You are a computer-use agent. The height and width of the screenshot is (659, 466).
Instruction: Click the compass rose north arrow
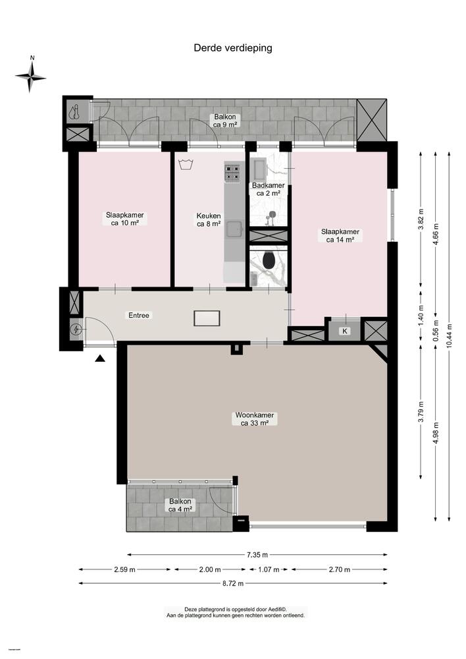click(31, 77)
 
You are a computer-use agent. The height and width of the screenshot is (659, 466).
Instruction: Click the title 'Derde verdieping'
click(232, 47)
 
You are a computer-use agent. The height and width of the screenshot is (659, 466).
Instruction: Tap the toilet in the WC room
click(268, 261)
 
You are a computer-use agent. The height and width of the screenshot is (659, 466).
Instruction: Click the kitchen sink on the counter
click(234, 229)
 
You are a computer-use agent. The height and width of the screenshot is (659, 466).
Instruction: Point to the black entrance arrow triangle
click(100, 358)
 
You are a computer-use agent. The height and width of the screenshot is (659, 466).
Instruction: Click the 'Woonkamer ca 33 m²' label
click(254, 420)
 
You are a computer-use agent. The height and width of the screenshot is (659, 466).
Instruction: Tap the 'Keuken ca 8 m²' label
click(208, 219)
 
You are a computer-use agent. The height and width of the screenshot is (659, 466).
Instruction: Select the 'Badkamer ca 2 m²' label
click(268, 189)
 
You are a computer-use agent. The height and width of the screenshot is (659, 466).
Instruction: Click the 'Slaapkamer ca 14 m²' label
click(340, 235)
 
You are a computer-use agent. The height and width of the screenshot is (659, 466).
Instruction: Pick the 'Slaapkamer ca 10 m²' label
click(125, 219)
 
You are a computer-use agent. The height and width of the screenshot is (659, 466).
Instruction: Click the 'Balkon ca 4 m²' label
click(180, 505)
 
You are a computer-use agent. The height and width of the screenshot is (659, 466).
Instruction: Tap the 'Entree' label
click(139, 316)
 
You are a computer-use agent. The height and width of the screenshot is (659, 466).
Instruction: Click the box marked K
click(344, 331)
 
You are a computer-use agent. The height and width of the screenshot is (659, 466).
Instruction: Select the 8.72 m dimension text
click(233, 583)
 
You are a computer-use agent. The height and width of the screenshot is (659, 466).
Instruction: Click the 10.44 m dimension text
click(449, 337)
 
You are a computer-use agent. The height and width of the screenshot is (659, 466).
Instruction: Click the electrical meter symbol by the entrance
click(75, 329)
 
